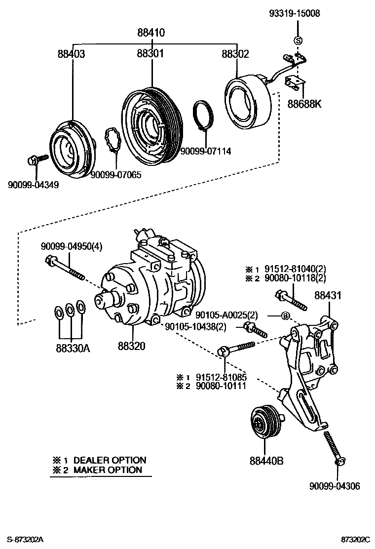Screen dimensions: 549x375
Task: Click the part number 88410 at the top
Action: click(x=151, y=33)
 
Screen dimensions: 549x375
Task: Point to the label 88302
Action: click(x=235, y=54)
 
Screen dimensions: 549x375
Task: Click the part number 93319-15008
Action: click(x=295, y=14)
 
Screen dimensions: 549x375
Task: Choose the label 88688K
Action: click(x=305, y=105)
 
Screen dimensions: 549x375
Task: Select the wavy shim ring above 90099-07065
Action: click(x=114, y=141)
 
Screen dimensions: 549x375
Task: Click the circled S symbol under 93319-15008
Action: click(x=298, y=40)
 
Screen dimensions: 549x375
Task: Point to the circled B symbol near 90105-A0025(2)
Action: click(x=285, y=316)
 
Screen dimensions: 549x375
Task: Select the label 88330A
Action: click(x=73, y=347)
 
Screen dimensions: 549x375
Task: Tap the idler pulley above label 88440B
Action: click(x=265, y=423)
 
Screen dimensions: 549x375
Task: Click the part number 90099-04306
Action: click(x=335, y=486)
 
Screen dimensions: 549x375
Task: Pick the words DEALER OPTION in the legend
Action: click(x=110, y=460)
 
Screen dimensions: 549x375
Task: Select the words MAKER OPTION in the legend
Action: click(x=108, y=470)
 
